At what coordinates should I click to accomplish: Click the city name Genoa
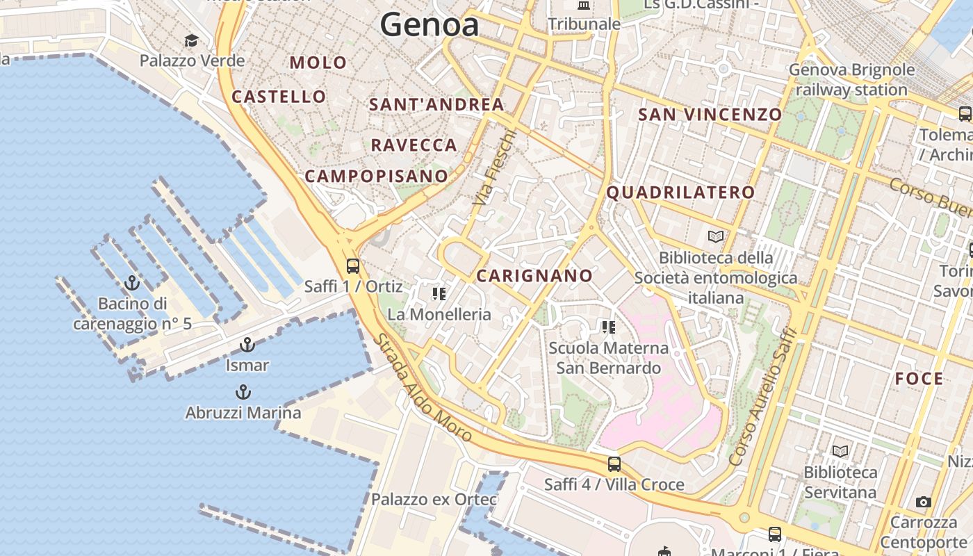pyautogui.click(x=430, y=26)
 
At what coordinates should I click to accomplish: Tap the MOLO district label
pyautogui.click(x=318, y=63)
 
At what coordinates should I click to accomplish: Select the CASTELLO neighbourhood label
pyautogui.click(x=279, y=97)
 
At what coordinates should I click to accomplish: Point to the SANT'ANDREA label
pyautogui.click(x=436, y=105)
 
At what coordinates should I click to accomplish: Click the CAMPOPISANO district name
pyautogui.click(x=376, y=176)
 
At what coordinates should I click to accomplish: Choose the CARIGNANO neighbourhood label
pyautogui.click(x=534, y=276)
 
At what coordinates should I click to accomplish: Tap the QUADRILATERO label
pyautogui.click(x=681, y=193)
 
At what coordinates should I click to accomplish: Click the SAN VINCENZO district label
pyautogui.click(x=710, y=115)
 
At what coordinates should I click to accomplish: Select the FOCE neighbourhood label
pyautogui.click(x=919, y=379)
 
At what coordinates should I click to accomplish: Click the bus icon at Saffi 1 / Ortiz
pyautogui.click(x=353, y=265)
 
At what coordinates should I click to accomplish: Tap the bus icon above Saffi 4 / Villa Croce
pyautogui.click(x=614, y=464)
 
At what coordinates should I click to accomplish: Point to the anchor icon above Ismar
pyautogui.click(x=247, y=345)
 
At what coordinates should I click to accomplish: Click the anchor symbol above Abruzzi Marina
pyautogui.click(x=243, y=392)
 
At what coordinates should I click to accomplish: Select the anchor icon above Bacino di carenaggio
pyautogui.click(x=131, y=283)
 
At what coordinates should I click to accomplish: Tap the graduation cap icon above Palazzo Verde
pyautogui.click(x=191, y=40)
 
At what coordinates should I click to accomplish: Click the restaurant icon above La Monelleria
pyautogui.click(x=439, y=294)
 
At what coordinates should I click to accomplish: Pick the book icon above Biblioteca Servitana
pyautogui.click(x=840, y=452)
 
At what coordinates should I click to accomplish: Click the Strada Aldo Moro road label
pyautogui.click(x=423, y=388)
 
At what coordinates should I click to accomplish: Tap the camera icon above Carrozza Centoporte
pyautogui.click(x=923, y=502)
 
